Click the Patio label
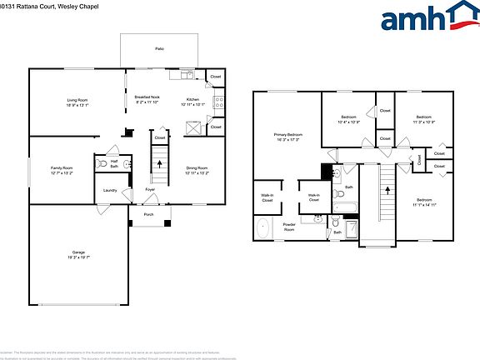point(159,49)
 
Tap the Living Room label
point(77,100)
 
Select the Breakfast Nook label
point(147,97)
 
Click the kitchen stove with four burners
point(219,103)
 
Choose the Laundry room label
point(110,190)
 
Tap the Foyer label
point(151,190)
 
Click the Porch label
point(148,214)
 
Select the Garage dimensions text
point(78,258)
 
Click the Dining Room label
point(197,167)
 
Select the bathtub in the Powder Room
point(263,227)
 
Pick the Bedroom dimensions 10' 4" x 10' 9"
point(348,122)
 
